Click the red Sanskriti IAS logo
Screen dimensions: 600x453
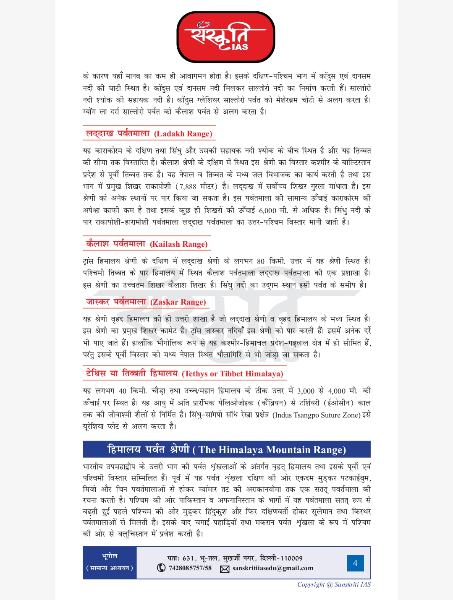[226, 37]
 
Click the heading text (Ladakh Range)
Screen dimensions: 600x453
[183, 134]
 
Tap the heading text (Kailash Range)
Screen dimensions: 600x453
[179, 244]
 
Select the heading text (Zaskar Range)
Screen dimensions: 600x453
[178, 302]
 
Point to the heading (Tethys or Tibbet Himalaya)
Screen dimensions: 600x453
[233, 374]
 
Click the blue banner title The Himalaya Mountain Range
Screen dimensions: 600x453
[272, 450]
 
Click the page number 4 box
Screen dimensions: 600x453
[355, 563]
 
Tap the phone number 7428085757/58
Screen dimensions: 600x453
[190, 568]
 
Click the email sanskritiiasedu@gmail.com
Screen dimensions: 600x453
[273, 568]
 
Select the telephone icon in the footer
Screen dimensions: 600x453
[161, 568]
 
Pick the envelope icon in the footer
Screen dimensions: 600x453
[225, 569]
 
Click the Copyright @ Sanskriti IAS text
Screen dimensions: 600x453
[334, 584]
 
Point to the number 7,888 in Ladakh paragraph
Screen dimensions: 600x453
[186, 187]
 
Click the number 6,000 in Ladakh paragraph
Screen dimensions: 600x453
[267, 211]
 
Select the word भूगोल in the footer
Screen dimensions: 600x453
[110, 556]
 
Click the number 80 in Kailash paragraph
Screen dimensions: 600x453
[261, 261]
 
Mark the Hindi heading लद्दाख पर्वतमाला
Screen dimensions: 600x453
[118, 134]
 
